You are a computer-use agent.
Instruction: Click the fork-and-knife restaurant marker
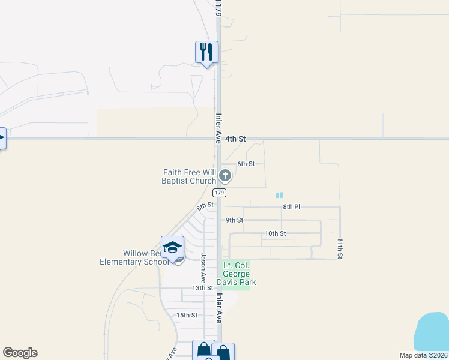coord(206,52)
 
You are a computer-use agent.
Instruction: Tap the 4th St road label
coord(235,139)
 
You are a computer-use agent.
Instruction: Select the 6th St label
coord(246,164)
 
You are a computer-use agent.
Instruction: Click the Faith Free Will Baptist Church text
coord(188,176)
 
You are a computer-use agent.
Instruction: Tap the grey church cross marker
coord(225,176)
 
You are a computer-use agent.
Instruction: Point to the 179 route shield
coord(219,193)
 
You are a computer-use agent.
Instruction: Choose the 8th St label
coord(205,206)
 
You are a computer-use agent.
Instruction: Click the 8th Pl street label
coord(291,207)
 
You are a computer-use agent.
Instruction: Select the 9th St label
coord(234,220)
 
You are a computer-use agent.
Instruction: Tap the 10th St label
coord(275,233)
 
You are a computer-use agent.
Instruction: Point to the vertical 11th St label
coord(340,248)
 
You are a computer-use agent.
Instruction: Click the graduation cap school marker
coord(172,247)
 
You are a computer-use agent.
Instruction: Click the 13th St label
coord(203,288)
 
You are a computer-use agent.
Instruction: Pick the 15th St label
coord(187,315)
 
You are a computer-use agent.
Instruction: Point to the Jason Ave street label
coord(203,268)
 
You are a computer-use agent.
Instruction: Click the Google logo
coord(20,353)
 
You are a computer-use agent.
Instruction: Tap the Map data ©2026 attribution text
coord(423,355)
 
